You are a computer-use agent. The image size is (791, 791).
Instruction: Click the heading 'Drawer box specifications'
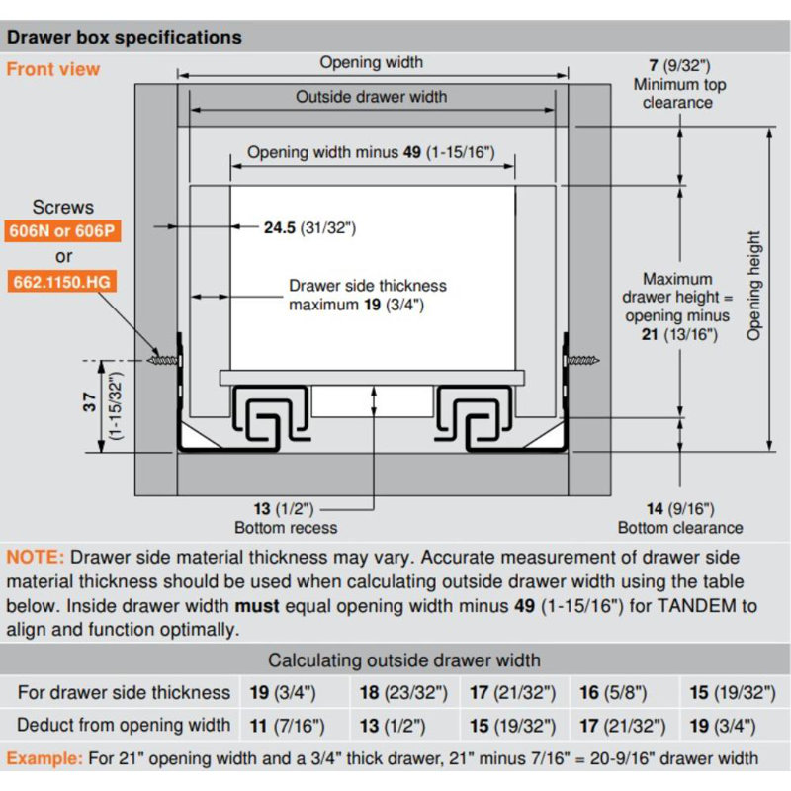point(124,38)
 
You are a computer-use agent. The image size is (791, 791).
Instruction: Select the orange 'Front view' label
point(53,69)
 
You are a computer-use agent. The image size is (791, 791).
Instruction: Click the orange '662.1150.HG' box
point(62,283)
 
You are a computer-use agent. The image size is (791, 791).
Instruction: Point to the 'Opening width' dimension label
point(371,62)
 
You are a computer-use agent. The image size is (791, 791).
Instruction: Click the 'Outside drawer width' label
point(371,97)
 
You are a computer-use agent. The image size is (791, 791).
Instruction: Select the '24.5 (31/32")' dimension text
point(308,227)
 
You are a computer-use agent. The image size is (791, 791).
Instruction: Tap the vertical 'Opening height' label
point(755,287)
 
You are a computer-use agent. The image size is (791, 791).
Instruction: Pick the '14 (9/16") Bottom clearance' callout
point(679,518)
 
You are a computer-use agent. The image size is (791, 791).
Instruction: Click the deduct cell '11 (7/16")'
point(287,726)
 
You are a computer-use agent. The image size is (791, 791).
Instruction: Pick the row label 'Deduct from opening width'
point(124,726)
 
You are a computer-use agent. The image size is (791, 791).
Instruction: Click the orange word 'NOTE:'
point(36,557)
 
